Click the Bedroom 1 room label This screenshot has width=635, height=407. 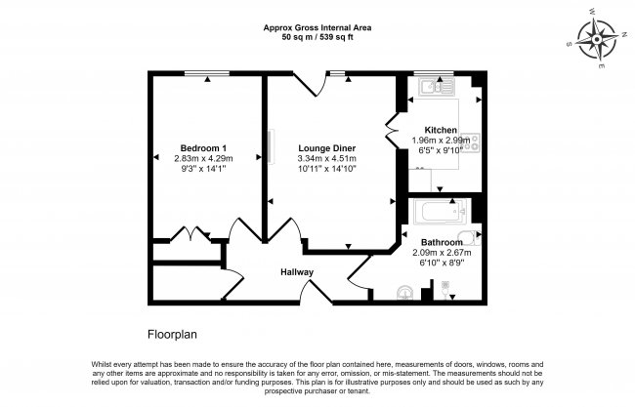(x=204, y=148)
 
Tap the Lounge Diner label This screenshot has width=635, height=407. (x=326, y=148)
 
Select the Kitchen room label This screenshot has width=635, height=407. (x=441, y=130)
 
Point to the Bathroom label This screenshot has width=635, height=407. (x=442, y=241)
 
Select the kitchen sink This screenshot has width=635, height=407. (x=432, y=88)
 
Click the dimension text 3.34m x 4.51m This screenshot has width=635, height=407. (x=326, y=159)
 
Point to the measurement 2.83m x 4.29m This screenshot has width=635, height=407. (x=204, y=159)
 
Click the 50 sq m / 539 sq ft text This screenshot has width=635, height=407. (x=318, y=38)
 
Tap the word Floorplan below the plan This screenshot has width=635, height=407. (x=173, y=334)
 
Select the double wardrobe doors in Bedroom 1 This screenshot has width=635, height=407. (x=185, y=235)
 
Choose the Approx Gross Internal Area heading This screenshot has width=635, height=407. (x=318, y=27)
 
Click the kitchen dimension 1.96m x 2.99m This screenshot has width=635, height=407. (x=441, y=141)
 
